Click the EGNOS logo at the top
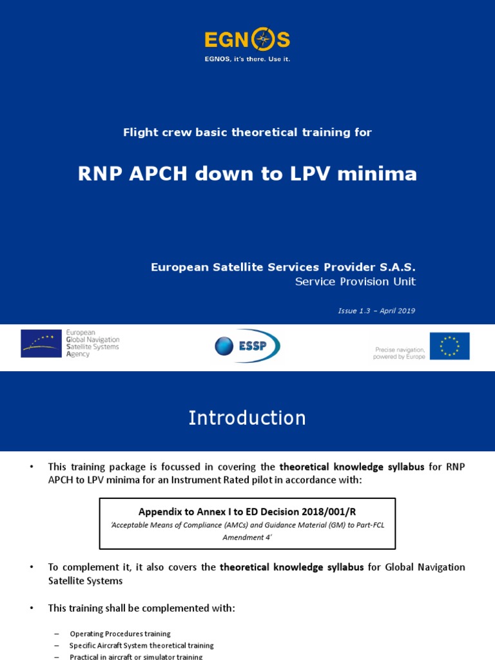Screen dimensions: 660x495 click(247, 41)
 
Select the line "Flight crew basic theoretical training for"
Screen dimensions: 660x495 click(247, 132)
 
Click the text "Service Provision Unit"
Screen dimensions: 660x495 click(355, 282)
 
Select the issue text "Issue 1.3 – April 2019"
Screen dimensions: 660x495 click(376, 311)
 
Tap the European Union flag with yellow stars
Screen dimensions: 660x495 click(449, 346)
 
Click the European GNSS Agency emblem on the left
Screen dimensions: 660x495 click(43, 344)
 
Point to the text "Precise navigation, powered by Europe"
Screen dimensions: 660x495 click(400, 353)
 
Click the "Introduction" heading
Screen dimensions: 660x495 click(247, 418)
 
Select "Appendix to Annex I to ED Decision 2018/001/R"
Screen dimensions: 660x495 click(247, 512)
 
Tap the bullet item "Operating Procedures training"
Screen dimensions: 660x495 click(120, 634)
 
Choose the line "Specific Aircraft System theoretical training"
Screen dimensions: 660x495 click(141, 645)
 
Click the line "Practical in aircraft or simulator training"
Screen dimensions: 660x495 click(136, 656)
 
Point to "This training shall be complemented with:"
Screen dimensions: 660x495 click(142, 608)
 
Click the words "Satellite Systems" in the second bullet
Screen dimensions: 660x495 click(86, 580)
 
